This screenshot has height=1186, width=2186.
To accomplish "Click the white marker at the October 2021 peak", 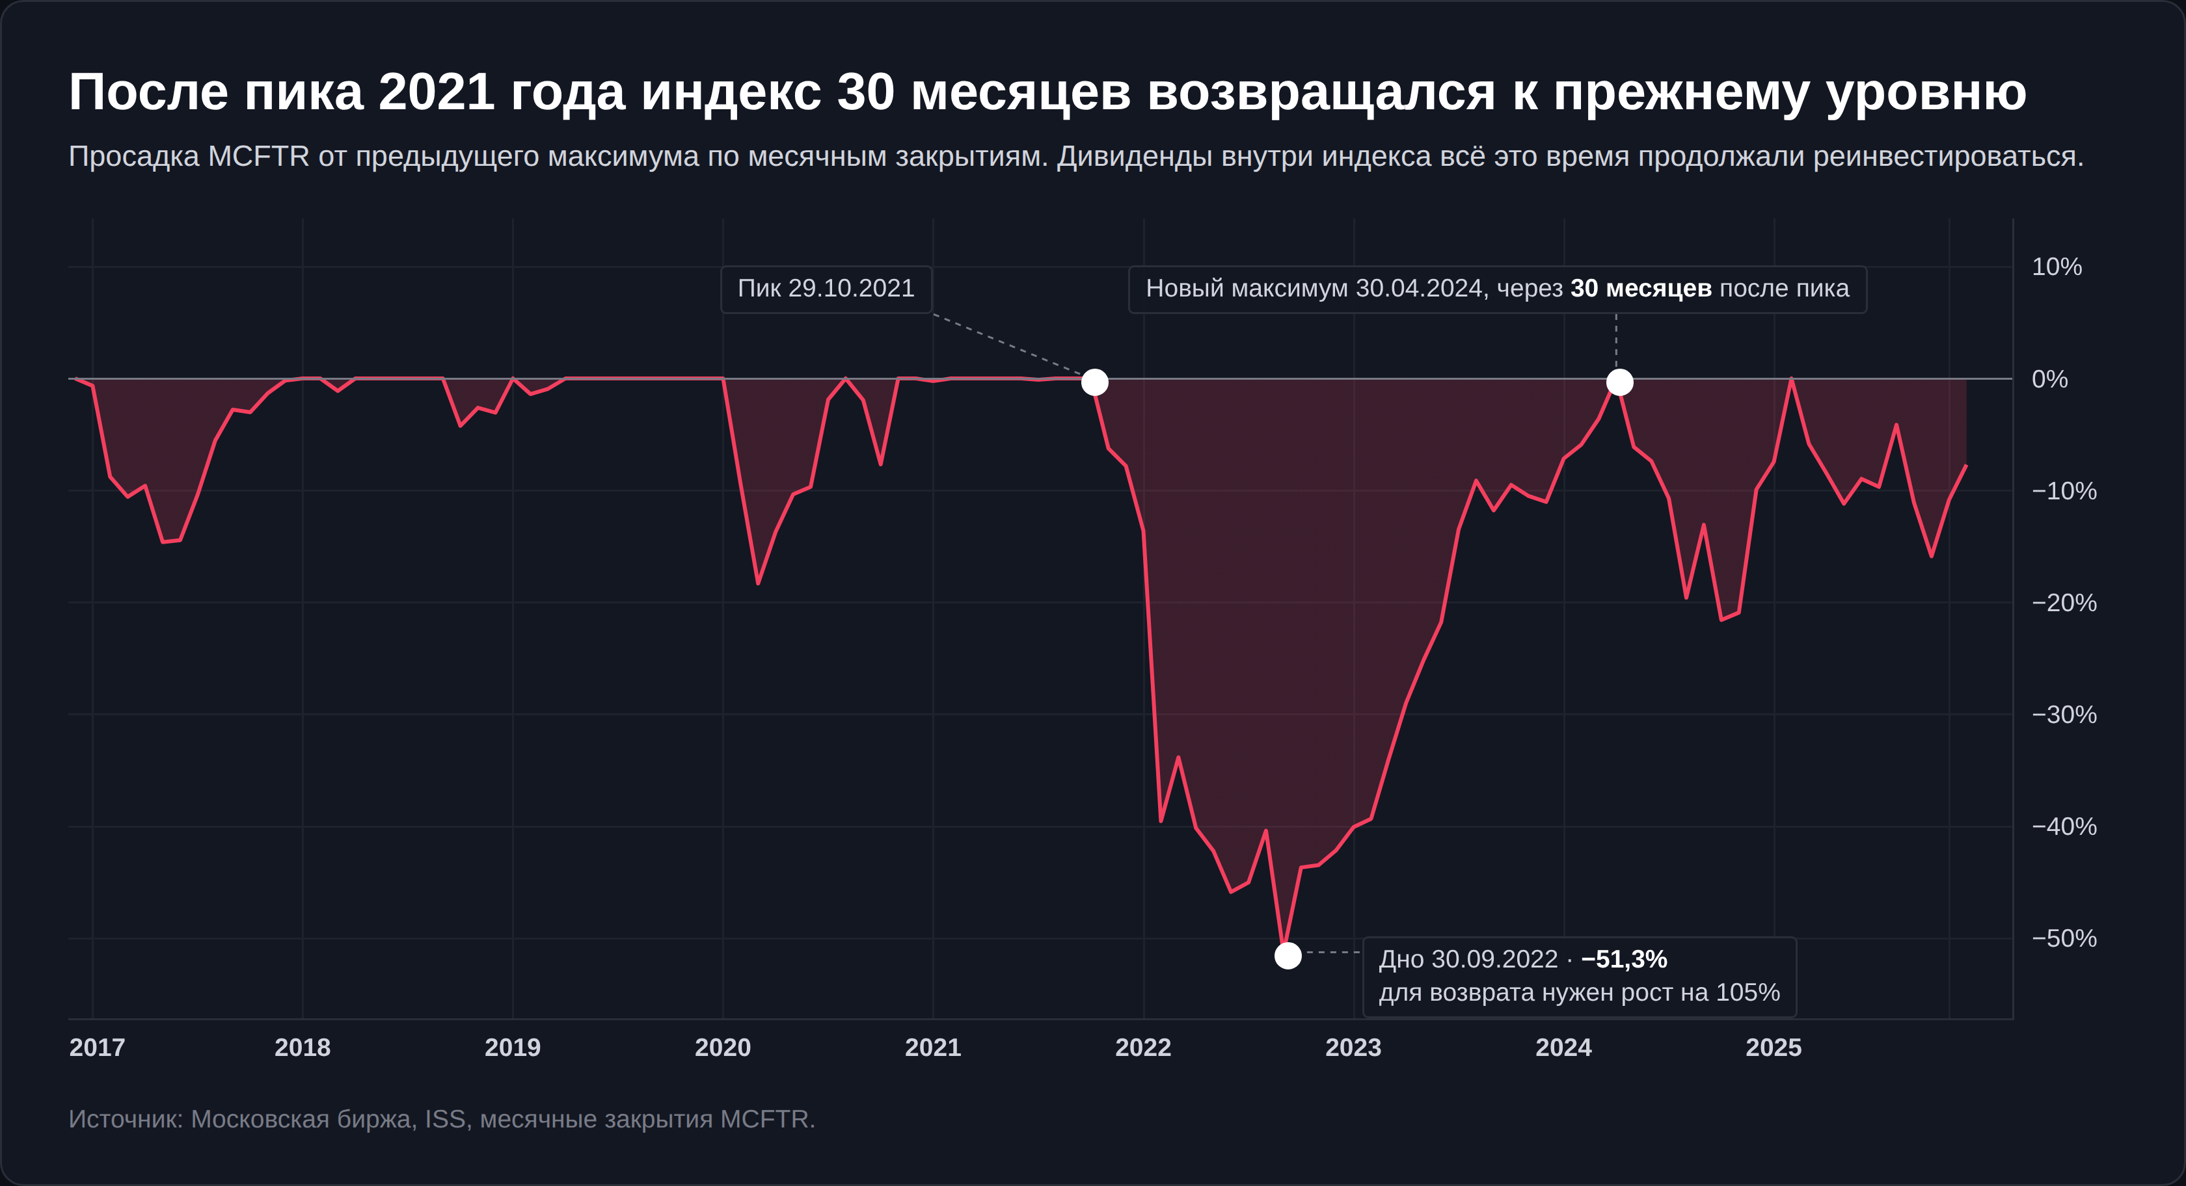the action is (1095, 382).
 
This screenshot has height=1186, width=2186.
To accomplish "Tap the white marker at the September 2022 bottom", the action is (1288, 956).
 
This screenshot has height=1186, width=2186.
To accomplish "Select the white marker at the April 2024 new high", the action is (1619, 382).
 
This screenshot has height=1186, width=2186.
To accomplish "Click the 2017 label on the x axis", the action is (97, 1047).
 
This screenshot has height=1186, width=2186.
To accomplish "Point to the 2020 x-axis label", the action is (722, 1047).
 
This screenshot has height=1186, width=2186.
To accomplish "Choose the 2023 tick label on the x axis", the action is (1353, 1047).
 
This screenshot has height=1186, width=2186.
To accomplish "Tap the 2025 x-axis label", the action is (1773, 1047).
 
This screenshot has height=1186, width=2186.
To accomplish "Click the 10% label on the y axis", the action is (2056, 267).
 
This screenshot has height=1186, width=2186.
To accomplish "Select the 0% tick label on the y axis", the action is (2049, 379).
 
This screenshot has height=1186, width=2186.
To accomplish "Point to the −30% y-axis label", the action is (2064, 715).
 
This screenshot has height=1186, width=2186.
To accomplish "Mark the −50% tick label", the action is (2064, 938).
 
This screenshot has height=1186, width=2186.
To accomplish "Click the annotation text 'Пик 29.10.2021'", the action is (826, 289).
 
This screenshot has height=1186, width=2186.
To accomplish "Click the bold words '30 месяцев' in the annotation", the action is (1640, 289).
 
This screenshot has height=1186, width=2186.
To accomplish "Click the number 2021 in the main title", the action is (436, 92).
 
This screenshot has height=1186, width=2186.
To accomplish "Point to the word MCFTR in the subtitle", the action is (259, 157).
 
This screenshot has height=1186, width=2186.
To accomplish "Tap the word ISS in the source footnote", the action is (444, 1120).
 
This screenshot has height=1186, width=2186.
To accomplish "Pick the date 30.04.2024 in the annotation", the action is (1418, 289).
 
